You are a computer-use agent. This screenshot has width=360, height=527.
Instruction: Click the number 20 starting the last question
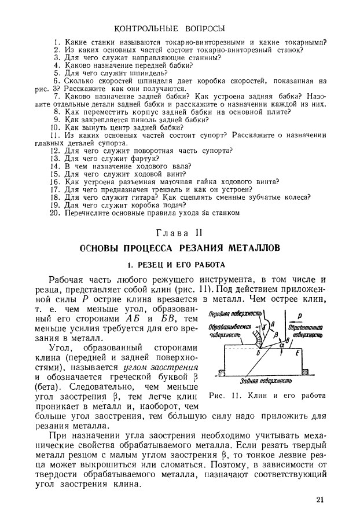click(55, 213)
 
